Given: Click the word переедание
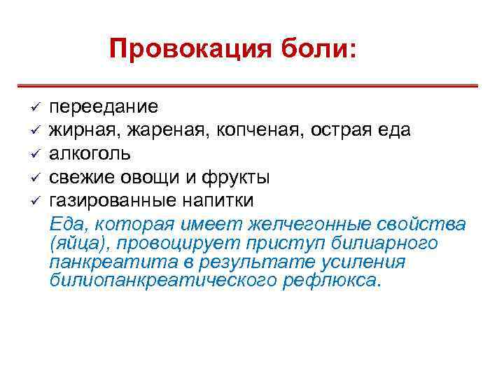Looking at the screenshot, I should point(104,106).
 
